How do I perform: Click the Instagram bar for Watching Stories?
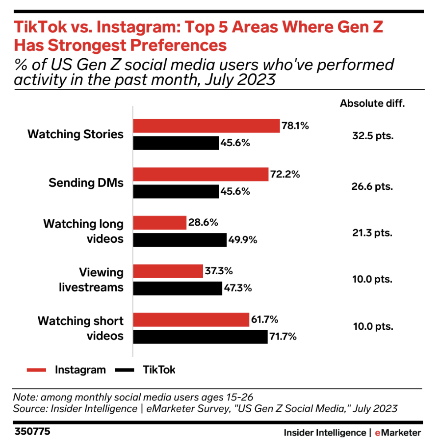(x=206, y=126)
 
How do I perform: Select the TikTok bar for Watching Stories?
(x=176, y=143)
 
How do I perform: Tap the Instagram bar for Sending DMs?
(x=201, y=174)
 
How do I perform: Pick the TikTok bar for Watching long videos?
(x=180, y=240)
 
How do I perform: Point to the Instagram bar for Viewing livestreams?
(x=168, y=271)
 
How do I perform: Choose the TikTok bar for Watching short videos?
(x=200, y=337)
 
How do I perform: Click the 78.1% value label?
(x=296, y=126)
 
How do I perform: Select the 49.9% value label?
(x=243, y=240)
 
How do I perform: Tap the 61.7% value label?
(x=265, y=319)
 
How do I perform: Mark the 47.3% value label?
(x=238, y=288)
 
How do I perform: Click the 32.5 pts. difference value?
(x=373, y=136)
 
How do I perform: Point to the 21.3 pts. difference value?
(x=372, y=233)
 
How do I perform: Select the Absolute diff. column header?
(x=372, y=103)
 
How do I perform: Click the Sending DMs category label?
(x=86, y=183)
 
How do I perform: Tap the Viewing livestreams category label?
(x=91, y=280)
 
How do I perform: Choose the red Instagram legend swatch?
(x=36, y=370)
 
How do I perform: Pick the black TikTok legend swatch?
(x=124, y=370)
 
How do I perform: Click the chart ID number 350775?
(x=32, y=432)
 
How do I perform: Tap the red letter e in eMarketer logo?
(x=378, y=433)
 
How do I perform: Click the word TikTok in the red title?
(x=40, y=27)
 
